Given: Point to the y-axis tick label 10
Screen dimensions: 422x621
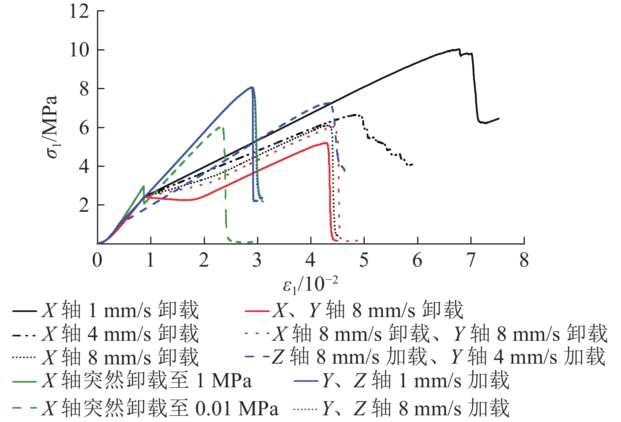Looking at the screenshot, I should [x=79, y=50].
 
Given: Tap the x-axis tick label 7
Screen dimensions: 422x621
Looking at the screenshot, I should [x=470, y=260].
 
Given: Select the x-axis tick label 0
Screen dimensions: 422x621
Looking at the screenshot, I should [x=97, y=260].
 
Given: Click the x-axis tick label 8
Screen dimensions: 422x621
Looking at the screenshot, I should [x=524, y=260].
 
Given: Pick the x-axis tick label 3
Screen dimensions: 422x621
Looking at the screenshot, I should [x=257, y=260].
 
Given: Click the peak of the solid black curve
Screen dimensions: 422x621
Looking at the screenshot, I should [x=458, y=49].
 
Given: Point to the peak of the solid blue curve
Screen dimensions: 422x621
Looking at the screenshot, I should [x=252, y=87].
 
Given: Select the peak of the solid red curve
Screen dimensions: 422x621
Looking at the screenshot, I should [x=326, y=143].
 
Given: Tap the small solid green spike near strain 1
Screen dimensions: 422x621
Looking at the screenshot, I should [x=144, y=186].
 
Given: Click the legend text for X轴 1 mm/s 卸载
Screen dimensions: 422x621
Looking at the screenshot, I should [x=120, y=310].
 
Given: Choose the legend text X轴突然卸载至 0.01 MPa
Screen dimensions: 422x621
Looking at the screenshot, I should [x=160, y=408].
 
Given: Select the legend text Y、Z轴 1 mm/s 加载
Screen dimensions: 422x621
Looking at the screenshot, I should [x=416, y=381].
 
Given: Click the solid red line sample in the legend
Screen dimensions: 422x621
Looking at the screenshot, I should [x=257, y=311].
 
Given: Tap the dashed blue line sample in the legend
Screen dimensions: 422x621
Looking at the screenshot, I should [x=257, y=357].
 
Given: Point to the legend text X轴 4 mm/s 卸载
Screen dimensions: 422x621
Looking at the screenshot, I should [x=120, y=334].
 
